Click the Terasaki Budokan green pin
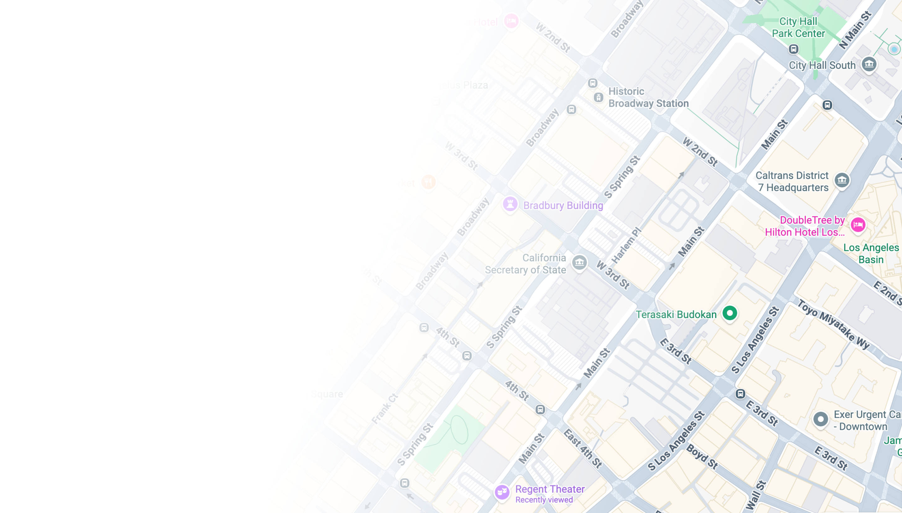[x=729, y=313]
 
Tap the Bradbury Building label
[x=563, y=206]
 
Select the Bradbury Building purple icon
[x=510, y=204]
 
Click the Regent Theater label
[x=550, y=489]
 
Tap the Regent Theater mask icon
[x=502, y=491]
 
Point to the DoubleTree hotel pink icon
[x=858, y=225]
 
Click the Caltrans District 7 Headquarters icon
[x=842, y=180]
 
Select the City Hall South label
[x=822, y=65]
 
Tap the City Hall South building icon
[x=869, y=64]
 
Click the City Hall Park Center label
[x=798, y=28]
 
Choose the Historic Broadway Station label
[x=648, y=97]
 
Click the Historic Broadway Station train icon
[x=598, y=97]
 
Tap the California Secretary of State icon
[x=579, y=262]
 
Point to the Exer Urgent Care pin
[x=821, y=419]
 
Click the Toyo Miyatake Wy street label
[x=833, y=324]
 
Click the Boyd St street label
[x=702, y=457]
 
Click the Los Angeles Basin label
[x=871, y=254]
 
